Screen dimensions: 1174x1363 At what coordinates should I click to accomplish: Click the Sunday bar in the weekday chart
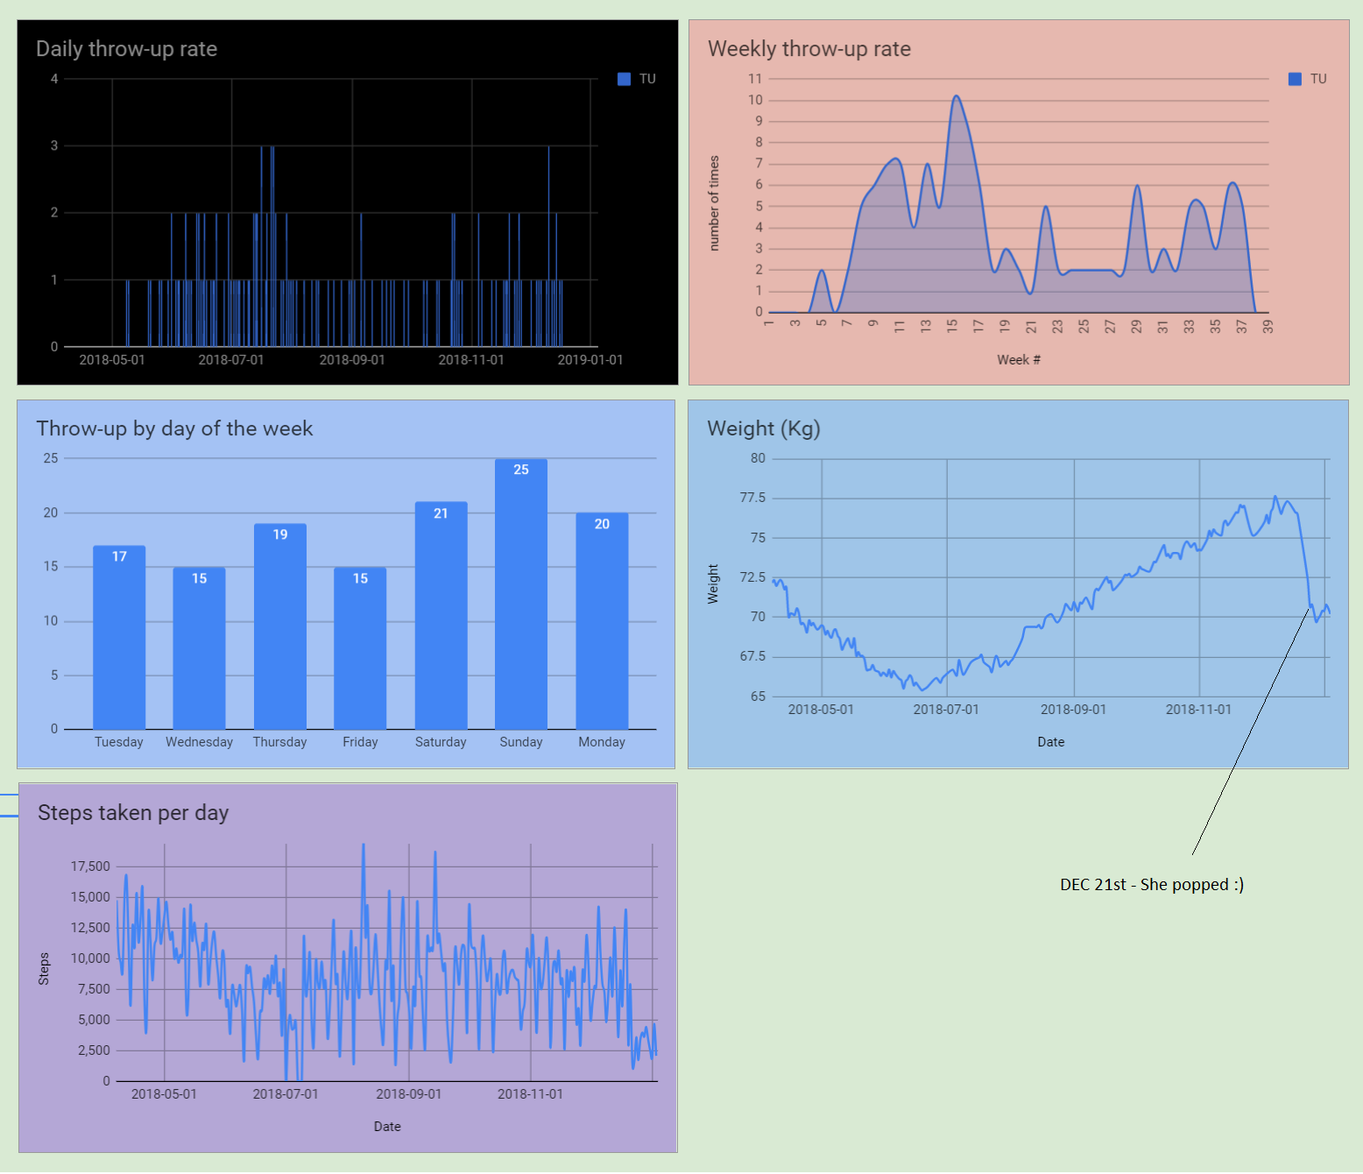click(521, 596)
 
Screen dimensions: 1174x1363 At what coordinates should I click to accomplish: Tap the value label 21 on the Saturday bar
click(441, 513)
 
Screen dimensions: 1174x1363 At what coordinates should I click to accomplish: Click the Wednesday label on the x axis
click(200, 742)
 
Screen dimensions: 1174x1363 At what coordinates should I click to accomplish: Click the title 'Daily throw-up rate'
click(126, 49)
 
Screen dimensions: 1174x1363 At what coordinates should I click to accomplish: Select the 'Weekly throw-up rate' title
click(809, 49)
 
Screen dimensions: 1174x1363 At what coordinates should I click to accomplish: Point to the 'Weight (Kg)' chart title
click(763, 428)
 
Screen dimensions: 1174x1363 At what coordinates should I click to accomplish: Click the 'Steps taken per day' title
click(133, 813)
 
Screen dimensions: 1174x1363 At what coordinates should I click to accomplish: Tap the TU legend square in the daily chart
click(624, 79)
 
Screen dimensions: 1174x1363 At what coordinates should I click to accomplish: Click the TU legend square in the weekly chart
click(1295, 79)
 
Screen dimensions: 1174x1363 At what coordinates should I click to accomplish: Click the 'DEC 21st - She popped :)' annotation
click(1151, 884)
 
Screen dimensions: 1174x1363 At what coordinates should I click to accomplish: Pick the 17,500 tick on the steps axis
click(90, 866)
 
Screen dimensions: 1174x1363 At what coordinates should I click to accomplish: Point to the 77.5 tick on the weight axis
click(752, 498)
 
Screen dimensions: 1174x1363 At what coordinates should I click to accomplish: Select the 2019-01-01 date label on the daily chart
click(590, 360)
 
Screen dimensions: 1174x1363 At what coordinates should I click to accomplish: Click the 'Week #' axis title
click(1018, 360)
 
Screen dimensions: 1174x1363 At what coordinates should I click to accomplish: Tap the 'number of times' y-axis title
click(714, 203)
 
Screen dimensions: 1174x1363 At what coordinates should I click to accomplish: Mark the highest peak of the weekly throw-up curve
click(956, 96)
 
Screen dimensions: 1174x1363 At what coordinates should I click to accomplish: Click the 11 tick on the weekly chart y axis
click(755, 79)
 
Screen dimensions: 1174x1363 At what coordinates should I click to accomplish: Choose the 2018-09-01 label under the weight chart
click(1073, 710)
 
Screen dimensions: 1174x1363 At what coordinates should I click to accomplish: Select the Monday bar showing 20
click(602, 622)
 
